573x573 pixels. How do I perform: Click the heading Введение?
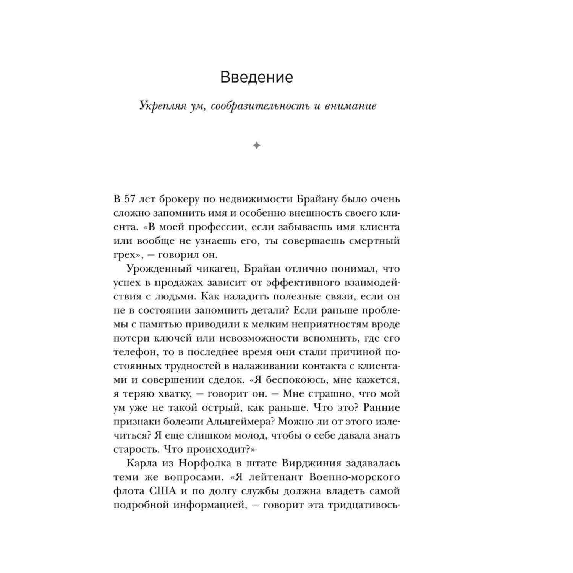coord(257,78)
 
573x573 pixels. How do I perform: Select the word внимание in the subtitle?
coord(350,106)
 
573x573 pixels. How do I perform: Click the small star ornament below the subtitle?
coord(257,146)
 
